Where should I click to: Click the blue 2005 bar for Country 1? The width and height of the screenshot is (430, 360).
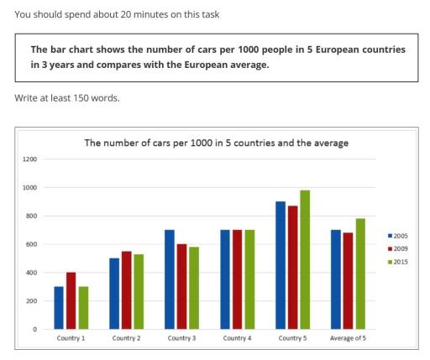tap(59, 307)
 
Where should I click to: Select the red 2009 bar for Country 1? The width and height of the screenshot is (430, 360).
tap(71, 300)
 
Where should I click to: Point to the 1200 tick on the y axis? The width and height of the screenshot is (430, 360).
tap(30, 159)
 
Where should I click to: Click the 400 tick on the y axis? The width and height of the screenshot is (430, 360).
tap(32, 273)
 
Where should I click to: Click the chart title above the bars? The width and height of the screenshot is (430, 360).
tap(217, 143)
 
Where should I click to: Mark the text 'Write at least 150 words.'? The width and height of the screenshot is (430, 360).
tap(66, 97)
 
